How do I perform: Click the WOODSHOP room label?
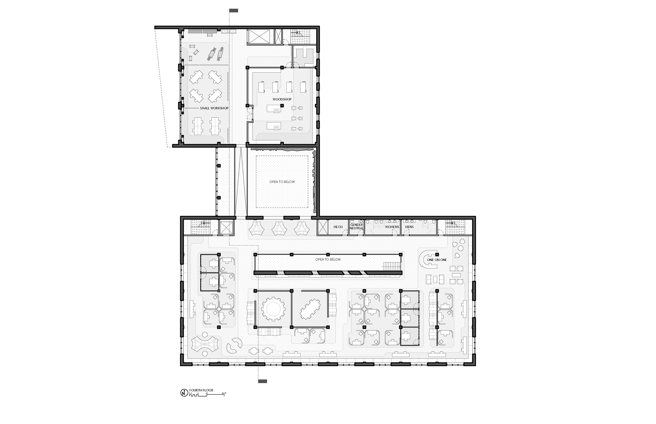[282, 99]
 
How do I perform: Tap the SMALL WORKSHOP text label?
[214, 108]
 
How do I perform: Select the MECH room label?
[338, 227]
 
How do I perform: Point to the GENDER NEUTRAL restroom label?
[356, 227]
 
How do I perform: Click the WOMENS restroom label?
[392, 227]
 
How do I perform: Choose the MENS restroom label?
[409, 227]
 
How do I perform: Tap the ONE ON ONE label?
[437, 260]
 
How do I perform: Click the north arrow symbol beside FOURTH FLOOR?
[184, 393]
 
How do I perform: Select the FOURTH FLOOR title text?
[201, 390]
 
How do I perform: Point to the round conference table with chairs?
[273, 309]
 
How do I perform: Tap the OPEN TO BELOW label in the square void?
[282, 182]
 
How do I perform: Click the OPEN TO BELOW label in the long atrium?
[328, 259]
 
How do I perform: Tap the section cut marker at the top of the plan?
[234, 11]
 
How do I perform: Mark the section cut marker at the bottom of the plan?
[262, 381]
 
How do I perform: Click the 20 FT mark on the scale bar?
[224, 393]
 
